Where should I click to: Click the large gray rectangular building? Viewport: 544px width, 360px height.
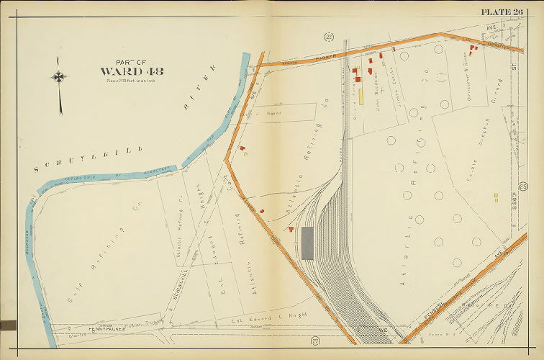[x=307, y=243]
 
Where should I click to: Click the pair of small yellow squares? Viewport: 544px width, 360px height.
[x=496, y=197]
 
